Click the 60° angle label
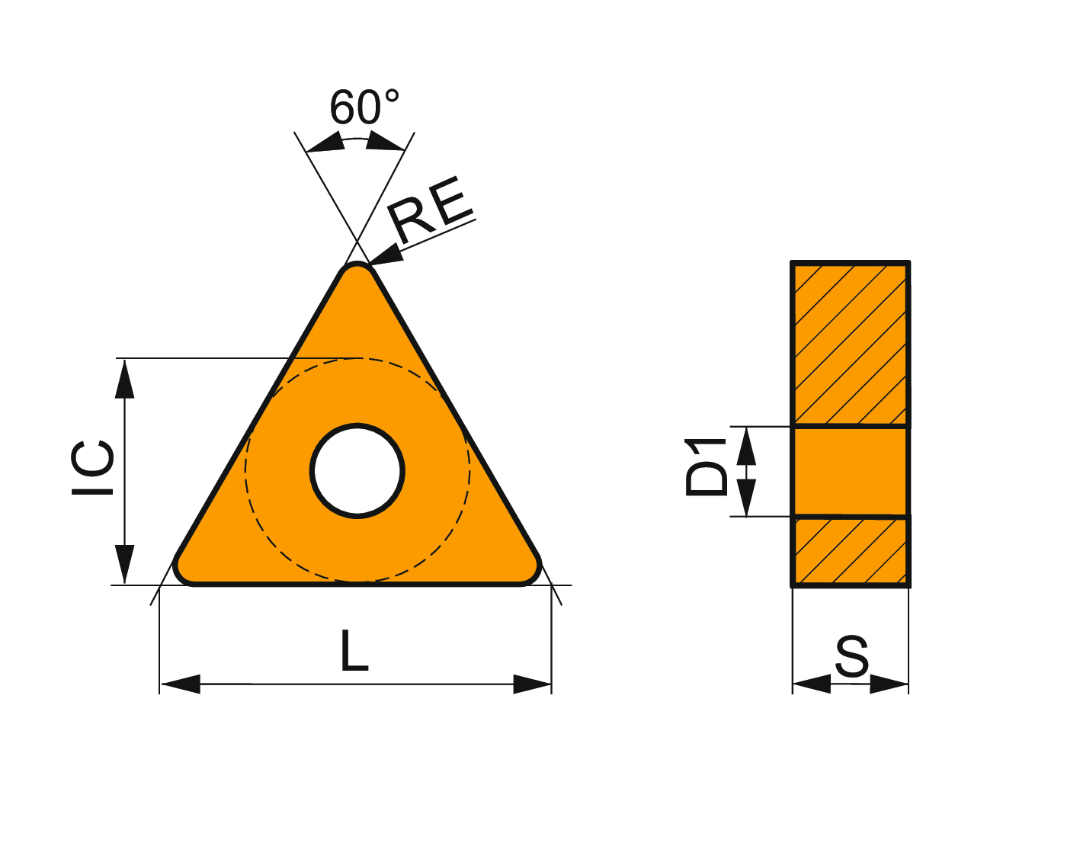click(x=364, y=107)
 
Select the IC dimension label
click(x=92, y=468)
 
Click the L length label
click(x=354, y=650)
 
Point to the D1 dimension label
click(x=706, y=466)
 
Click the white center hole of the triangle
click(x=357, y=471)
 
